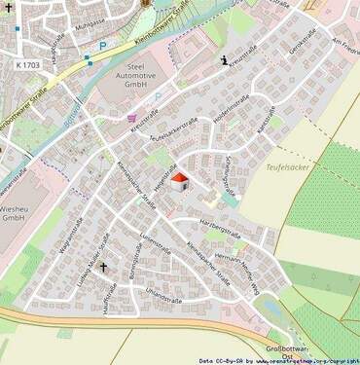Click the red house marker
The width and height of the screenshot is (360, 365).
point(179,180)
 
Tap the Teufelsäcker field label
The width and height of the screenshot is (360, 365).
point(287,167)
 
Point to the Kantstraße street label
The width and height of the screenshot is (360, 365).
point(261,125)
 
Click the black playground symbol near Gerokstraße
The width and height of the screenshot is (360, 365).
point(226,60)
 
